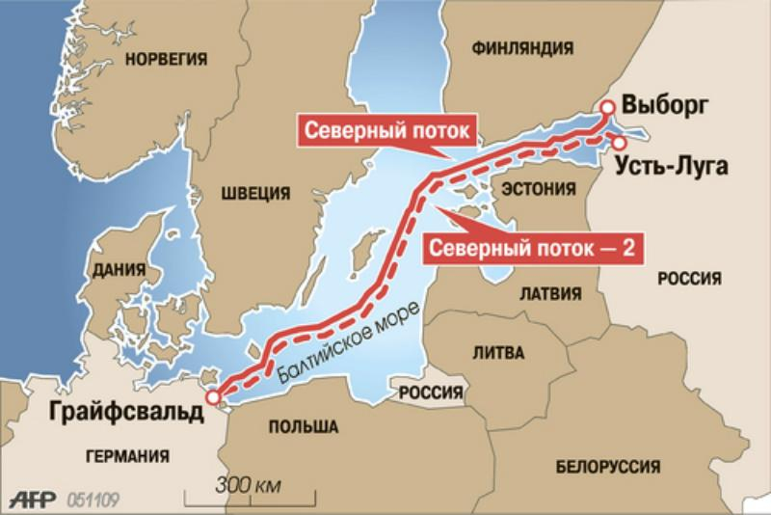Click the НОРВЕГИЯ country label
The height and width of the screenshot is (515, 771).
[x=169, y=59]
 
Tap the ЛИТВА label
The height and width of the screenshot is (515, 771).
[x=499, y=354]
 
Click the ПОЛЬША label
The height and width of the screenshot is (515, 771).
[x=303, y=425]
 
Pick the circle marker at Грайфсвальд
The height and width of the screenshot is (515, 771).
[x=212, y=395]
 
